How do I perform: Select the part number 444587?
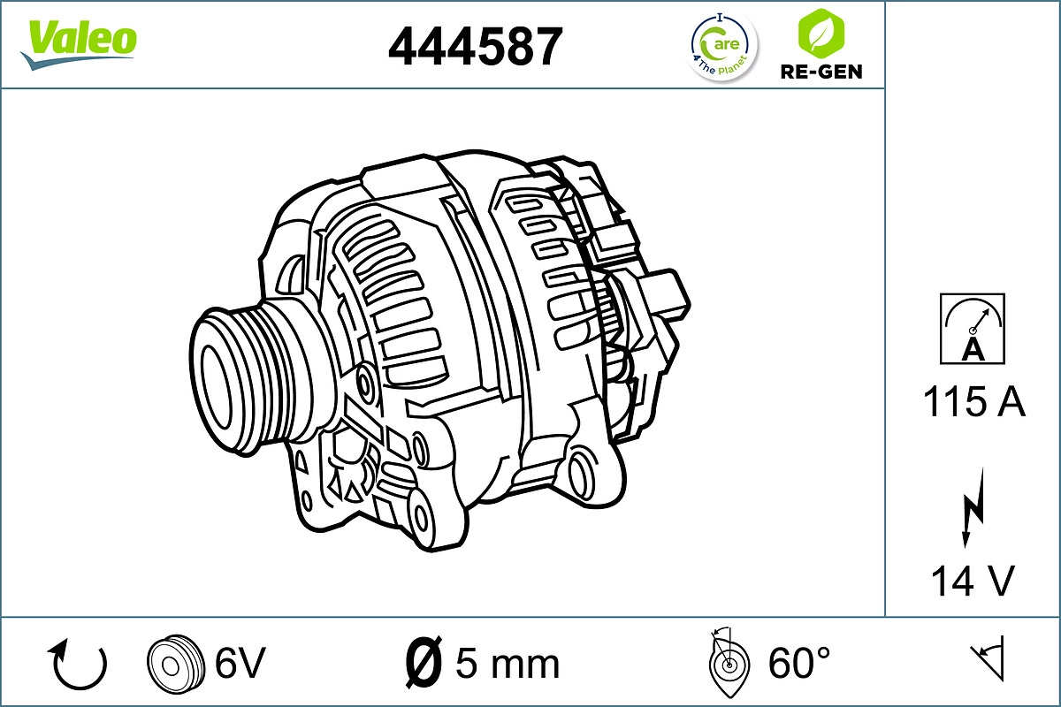pyautogui.click(x=475, y=45)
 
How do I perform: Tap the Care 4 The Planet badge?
pyautogui.click(x=723, y=46)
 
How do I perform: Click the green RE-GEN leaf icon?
pyautogui.click(x=820, y=33)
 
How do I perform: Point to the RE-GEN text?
pyautogui.click(x=821, y=72)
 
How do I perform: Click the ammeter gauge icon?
pyautogui.click(x=973, y=329)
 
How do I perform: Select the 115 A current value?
pyautogui.click(x=973, y=403)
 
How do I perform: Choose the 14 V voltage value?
pyautogui.click(x=973, y=582)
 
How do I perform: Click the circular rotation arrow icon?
pyautogui.click(x=80, y=664)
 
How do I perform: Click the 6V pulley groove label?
pyautogui.click(x=240, y=663)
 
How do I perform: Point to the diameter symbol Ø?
pyautogui.click(x=423, y=662)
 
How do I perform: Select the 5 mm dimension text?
pyautogui.click(x=508, y=663)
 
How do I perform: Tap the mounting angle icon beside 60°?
pyautogui.click(x=728, y=663)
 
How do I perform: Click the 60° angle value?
pyautogui.click(x=799, y=663)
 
